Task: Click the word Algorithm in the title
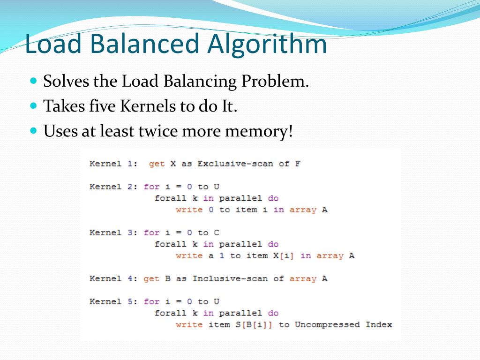(267, 45)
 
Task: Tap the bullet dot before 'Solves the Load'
(33, 81)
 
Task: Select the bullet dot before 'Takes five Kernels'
(33, 105)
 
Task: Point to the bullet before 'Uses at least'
(33, 131)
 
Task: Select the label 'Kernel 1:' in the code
(114, 164)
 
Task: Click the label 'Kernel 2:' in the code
(114, 187)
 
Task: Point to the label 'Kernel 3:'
(114, 232)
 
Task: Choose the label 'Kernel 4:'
(114, 278)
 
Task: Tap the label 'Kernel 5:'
(114, 301)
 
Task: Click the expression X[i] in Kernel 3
(283, 255)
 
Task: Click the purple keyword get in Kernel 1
(157, 164)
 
